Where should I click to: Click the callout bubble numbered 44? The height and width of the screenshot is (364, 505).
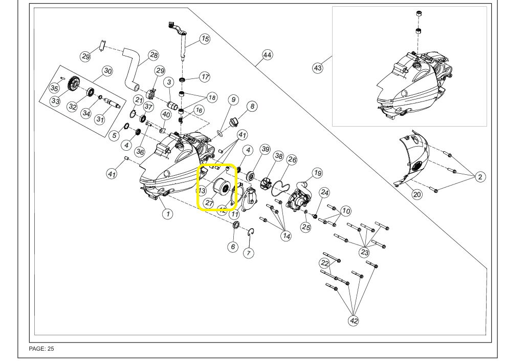pos(267,54)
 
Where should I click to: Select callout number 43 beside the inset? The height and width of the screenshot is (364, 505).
pos(318,68)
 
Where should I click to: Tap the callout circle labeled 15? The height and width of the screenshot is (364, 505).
pos(205,38)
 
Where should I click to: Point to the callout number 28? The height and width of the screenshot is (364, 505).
pos(153,55)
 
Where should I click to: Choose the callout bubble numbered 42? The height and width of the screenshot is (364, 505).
pos(354,321)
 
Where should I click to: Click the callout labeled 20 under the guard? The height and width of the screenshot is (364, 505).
pos(417,194)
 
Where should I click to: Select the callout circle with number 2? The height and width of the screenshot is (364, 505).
pos(480,177)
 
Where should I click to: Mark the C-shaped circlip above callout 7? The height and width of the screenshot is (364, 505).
pos(251,233)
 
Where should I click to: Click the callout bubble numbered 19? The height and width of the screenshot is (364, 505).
pos(317,173)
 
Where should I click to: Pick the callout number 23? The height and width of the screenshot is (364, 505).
pos(364,252)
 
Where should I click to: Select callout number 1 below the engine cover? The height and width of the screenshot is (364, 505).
pos(167,213)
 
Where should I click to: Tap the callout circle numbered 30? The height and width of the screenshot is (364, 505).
pos(107,71)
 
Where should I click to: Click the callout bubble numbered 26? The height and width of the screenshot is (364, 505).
pos(292,160)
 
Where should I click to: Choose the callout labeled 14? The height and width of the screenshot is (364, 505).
pos(286,236)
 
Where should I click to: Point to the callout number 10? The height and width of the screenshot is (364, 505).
pos(346,211)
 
